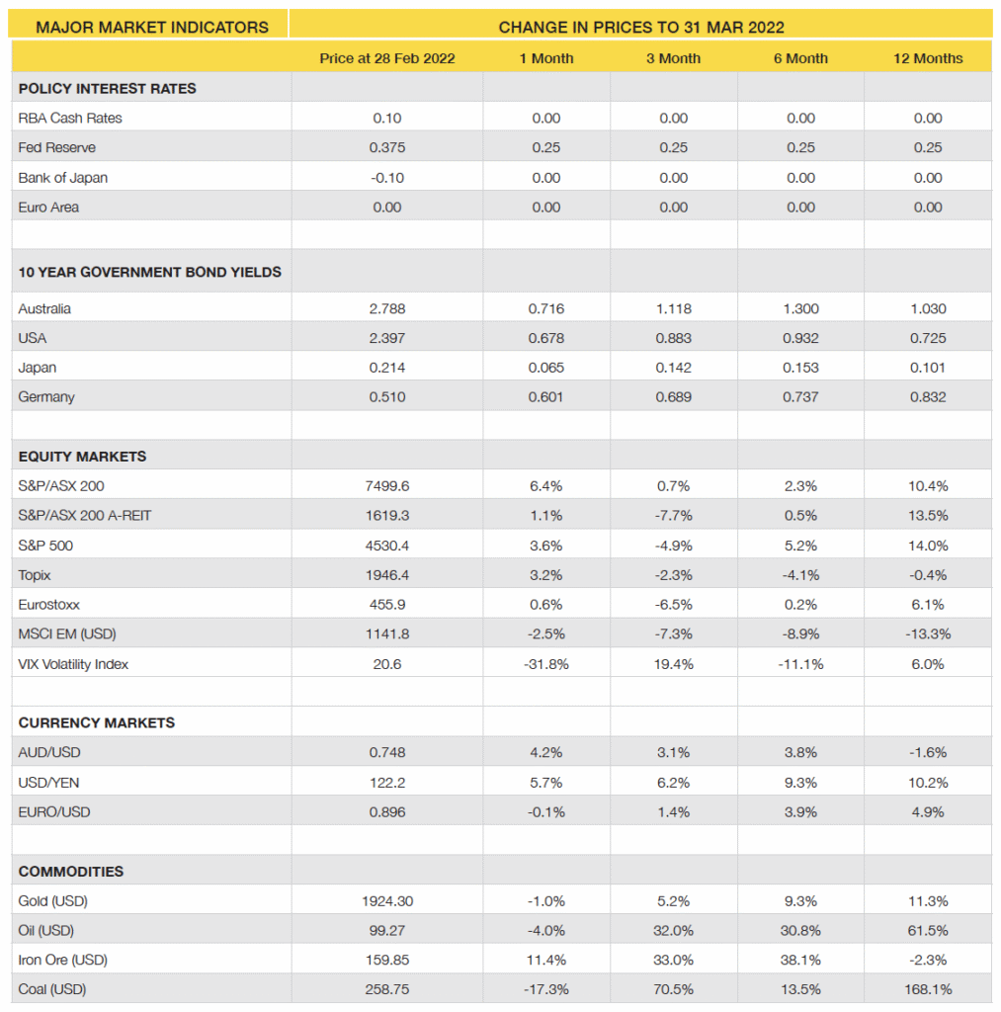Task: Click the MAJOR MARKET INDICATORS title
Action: [152, 27]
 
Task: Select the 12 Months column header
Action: [928, 58]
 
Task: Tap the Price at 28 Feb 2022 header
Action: [387, 58]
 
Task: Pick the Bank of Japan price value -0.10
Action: [387, 178]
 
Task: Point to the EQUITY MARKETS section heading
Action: [82, 457]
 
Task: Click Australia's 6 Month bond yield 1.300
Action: [800, 308]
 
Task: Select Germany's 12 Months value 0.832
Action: [928, 397]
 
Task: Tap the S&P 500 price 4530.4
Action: [387, 546]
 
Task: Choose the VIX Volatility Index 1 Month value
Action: [545, 664]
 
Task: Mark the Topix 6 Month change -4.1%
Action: [800, 575]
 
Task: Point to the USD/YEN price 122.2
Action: [387, 783]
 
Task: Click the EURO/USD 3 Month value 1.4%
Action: [673, 812]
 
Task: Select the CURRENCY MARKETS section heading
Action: [97, 722]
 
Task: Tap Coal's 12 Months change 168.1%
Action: [928, 989]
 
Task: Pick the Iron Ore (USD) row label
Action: [62, 960]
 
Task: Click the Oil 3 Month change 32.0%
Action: [673, 930]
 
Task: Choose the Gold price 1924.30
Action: [387, 900]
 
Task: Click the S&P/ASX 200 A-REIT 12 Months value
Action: [928, 516]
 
